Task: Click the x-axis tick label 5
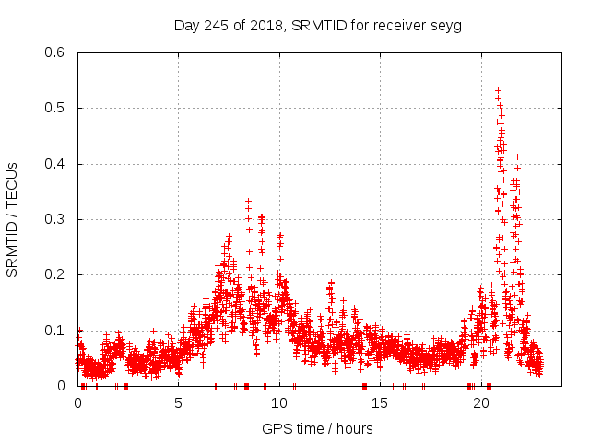[178, 402]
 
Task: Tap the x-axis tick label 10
[278, 402]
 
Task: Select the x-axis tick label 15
[380, 402]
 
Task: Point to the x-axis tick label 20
[480, 402]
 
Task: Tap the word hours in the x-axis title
[354, 428]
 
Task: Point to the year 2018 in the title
[268, 25]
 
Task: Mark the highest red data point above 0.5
[499, 90]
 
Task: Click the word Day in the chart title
[187, 25]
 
